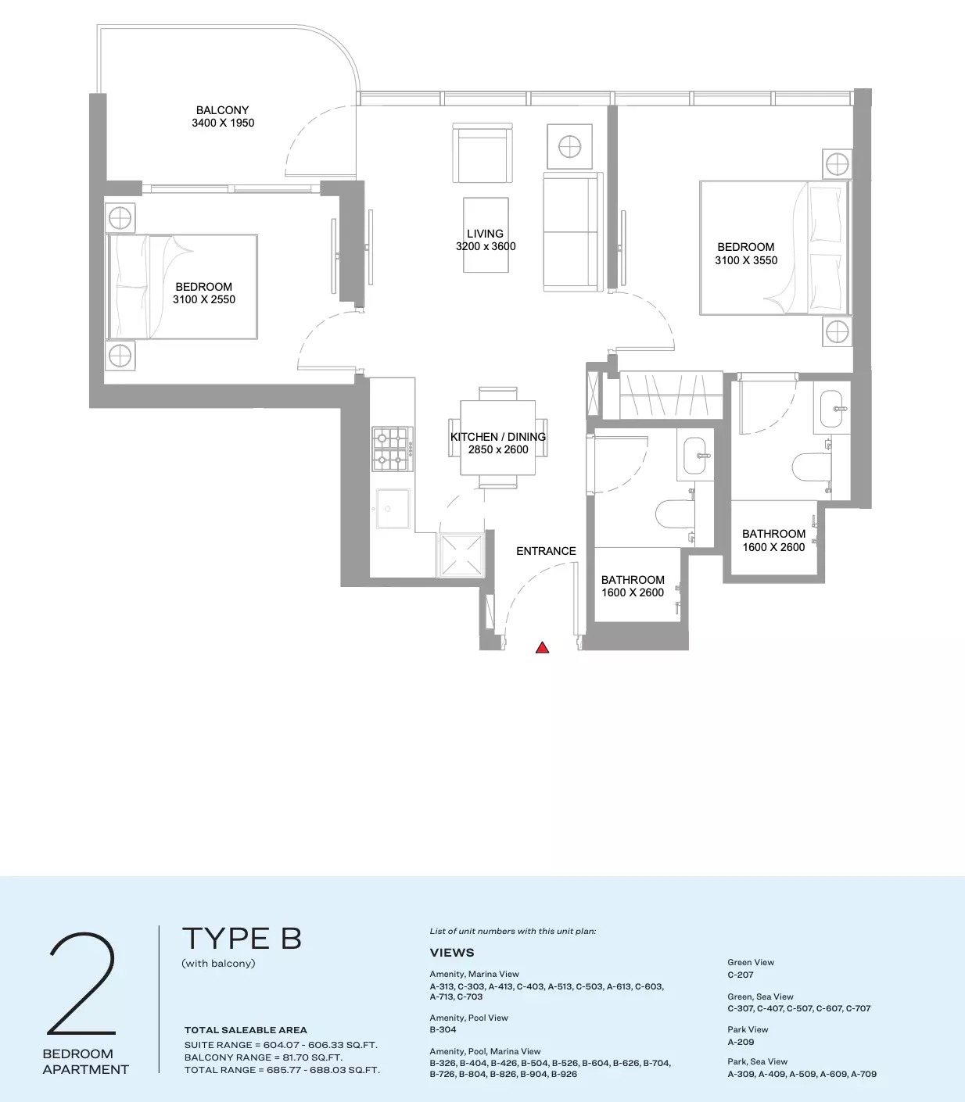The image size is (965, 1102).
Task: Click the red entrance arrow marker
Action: (542, 647)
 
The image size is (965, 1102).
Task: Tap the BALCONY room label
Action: (222, 110)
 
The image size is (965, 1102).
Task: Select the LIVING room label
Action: (485, 234)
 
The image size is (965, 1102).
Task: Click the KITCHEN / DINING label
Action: (498, 437)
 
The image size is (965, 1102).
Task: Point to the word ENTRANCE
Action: (546, 551)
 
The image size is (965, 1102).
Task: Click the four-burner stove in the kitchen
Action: (392, 449)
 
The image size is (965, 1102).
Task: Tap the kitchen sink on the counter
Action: (393, 509)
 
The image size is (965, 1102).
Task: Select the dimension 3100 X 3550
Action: (746, 260)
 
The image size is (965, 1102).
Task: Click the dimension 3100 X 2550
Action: (204, 299)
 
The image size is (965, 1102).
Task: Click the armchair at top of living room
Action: (483, 153)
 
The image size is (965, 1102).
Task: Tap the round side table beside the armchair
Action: (569, 146)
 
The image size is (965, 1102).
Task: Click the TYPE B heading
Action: (242, 939)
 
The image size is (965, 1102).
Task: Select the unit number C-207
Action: (741, 975)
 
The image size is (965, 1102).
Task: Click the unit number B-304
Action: (443, 1029)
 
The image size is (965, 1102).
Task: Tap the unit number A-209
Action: (741, 1042)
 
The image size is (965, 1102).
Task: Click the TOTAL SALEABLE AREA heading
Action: (246, 1030)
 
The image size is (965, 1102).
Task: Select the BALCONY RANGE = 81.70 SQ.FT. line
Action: (264, 1057)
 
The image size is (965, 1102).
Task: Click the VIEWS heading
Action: (452, 953)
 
